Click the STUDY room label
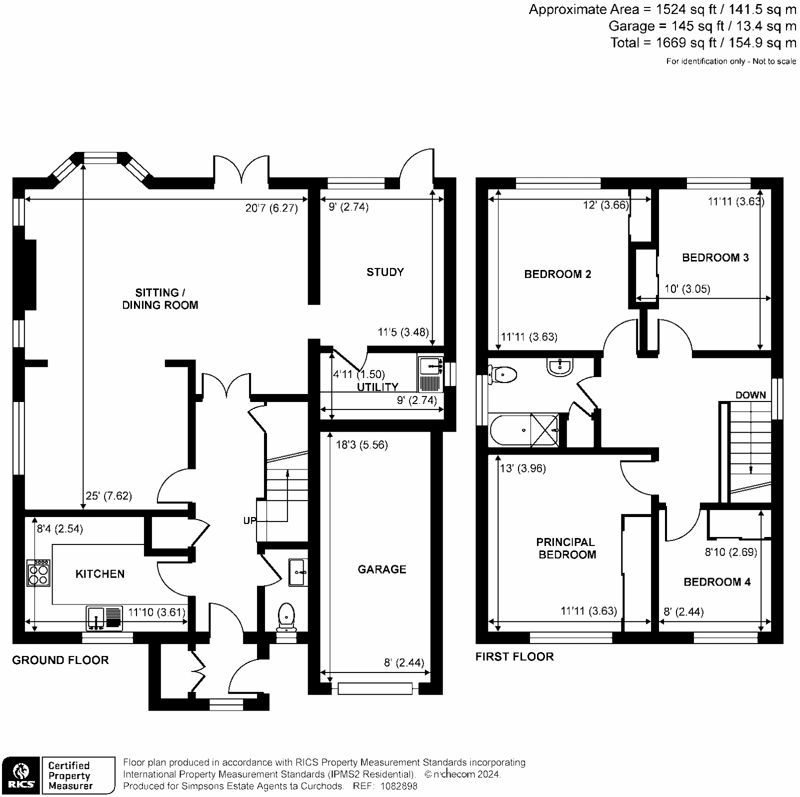(x=384, y=272)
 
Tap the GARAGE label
(x=381, y=569)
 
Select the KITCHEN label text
(x=99, y=573)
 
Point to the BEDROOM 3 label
(x=715, y=257)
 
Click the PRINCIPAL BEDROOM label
(x=566, y=548)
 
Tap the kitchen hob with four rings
(x=38, y=573)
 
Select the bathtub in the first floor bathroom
(x=524, y=429)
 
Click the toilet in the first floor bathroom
(x=503, y=374)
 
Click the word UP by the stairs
(x=249, y=520)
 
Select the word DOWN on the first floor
(x=750, y=395)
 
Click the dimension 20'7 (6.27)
(x=271, y=208)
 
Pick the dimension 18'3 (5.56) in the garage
(x=361, y=444)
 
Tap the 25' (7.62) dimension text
(x=108, y=496)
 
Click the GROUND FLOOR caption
(x=60, y=660)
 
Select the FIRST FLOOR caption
(x=514, y=656)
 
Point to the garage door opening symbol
(x=375, y=689)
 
